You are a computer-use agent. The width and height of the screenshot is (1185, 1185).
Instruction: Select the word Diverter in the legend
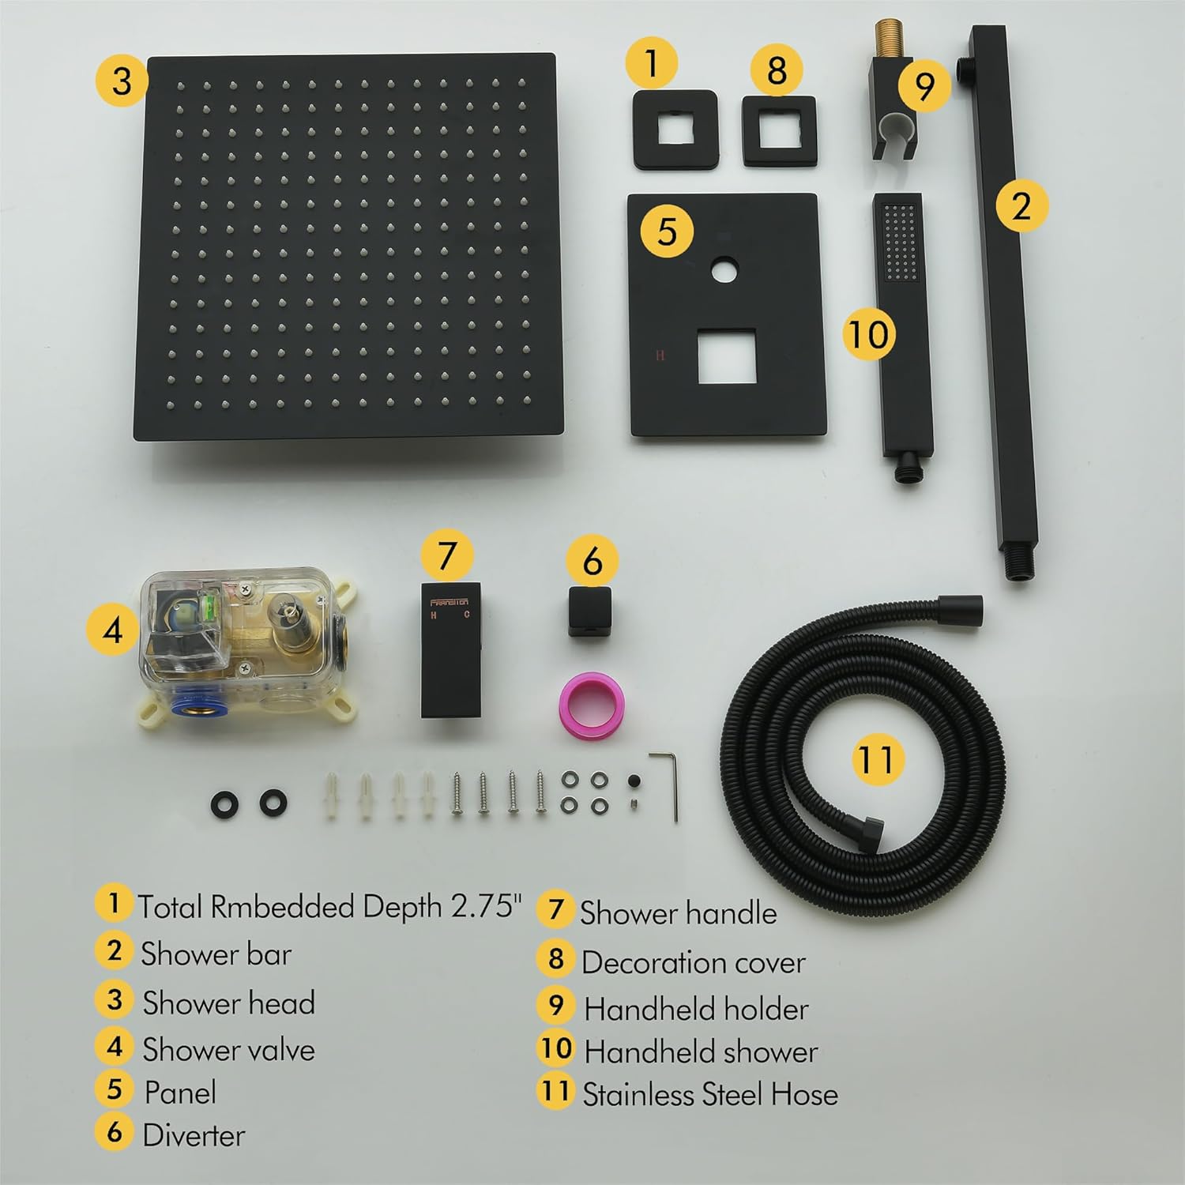click(x=194, y=1134)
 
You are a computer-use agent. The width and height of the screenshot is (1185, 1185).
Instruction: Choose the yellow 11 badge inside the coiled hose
click(x=878, y=758)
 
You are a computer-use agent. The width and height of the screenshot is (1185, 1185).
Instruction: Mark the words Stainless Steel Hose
click(x=710, y=1094)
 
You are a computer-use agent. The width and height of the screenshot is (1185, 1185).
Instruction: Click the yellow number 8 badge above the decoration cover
click(x=777, y=70)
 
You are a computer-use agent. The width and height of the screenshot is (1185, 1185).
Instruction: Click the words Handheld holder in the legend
click(x=696, y=1009)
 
